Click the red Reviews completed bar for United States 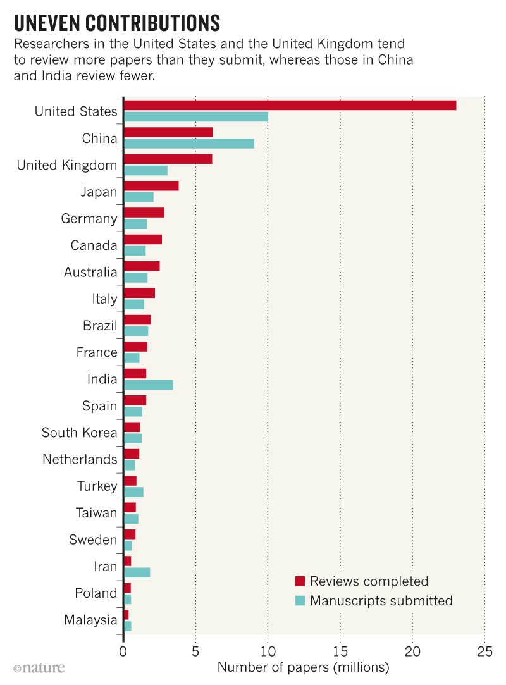point(290,105)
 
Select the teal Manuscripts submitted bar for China point(188,144)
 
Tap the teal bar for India point(148,385)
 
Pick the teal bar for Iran point(137,572)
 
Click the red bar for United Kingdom point(168,159)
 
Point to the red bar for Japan point(151,186)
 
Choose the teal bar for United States point(195,116)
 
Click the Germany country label point(89,219)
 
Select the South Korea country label point(80,433)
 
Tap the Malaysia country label point(91,620)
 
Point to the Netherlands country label point(80,459)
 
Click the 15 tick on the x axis point(340,650)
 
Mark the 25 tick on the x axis point(484,650)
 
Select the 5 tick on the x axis point(195,650)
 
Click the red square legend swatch point(300,581)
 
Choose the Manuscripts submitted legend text point(381,600)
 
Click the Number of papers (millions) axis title point(303,667)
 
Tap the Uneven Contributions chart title point(116,23)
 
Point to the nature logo point(39,667)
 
